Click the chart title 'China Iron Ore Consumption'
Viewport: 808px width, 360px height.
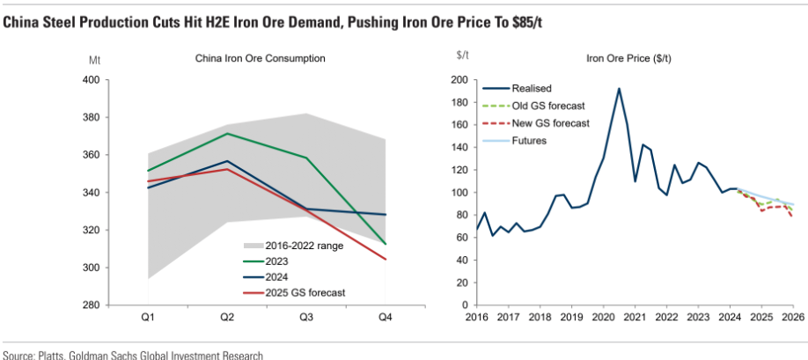(261, 59)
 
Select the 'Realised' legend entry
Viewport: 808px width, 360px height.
(531, 88)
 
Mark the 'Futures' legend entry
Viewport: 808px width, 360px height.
(530, 140)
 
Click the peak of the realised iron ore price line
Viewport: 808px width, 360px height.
(619, 88)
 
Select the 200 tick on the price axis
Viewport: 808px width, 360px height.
(459, 79)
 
